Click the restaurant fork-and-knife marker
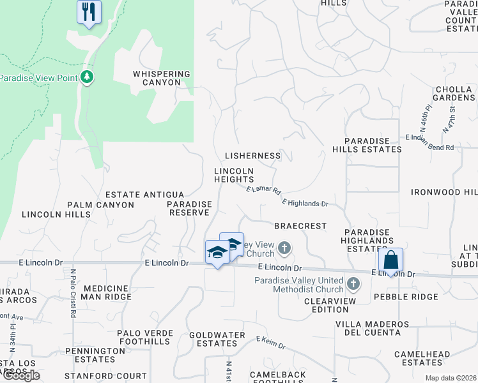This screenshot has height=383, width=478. point(89,12)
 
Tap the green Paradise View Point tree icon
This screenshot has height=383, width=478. point(88,78)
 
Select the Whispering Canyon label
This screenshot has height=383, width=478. point(162,78)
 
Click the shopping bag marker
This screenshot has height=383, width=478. point(390,260)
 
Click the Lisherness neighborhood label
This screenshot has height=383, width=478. point(253,156)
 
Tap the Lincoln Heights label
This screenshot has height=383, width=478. point(234,176)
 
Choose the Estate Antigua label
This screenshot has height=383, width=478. point(144,195)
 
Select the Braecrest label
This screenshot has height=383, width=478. point(300,226)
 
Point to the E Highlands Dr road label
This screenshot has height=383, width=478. point(305,203)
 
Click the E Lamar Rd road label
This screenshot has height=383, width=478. point(264,190)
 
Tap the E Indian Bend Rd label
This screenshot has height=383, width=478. point(429,142)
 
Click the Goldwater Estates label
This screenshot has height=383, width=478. point(217,339)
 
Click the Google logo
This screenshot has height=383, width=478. point(21,375)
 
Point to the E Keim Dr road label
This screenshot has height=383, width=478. point(270,343)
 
